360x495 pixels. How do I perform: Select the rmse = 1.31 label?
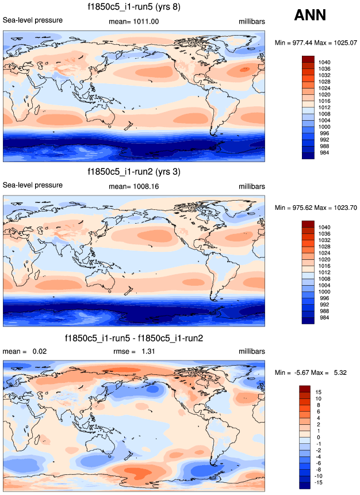click(133, 351)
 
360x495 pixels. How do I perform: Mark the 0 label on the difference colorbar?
click(317, 438)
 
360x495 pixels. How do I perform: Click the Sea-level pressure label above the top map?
click(33, 21)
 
